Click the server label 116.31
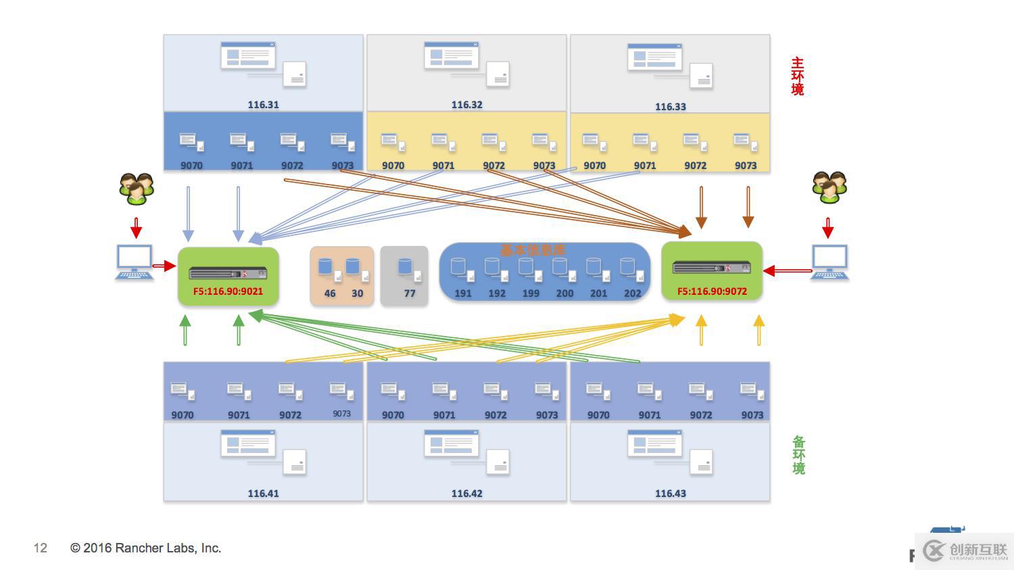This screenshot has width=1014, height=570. coord(263,105)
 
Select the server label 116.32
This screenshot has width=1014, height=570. coord(466,105)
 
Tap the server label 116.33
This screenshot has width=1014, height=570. coord(670,107)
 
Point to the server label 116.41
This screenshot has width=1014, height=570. coord(263,494)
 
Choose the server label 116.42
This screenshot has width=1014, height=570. coord(466,494)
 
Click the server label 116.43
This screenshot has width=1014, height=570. coord(670,494)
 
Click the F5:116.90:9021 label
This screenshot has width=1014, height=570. coord(228,291)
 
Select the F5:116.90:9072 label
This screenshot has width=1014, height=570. coord(712,291)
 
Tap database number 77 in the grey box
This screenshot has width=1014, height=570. coord(410,293)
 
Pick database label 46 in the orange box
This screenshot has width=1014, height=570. coord(329,293)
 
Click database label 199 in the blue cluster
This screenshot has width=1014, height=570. coord(531,293)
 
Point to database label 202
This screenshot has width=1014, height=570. coord(632,293)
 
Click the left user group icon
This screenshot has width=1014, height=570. coord(137,189)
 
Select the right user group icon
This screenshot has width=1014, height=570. coord(829,187)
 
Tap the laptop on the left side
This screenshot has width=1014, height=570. coord(134,262)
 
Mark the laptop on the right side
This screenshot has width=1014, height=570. coord(829,262)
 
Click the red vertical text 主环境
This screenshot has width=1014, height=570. coord(798,76)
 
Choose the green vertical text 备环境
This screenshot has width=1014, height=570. coord(798,455)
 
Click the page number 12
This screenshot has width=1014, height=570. coord(41,548)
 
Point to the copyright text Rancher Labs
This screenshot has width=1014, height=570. coord(145,548)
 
